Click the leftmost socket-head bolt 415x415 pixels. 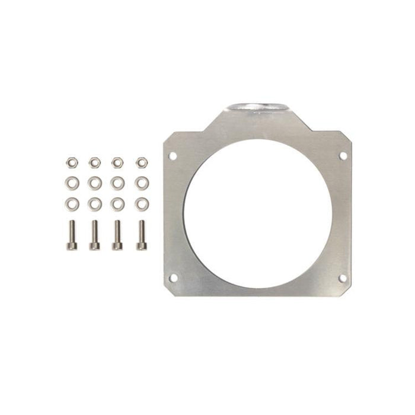point(72,235)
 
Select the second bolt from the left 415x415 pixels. point(94,235)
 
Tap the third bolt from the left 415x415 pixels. point(117,235)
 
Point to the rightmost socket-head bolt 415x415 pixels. point(141,235)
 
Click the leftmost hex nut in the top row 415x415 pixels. point(72,161)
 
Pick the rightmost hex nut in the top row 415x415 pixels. point(142,161)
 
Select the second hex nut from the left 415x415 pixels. point(94,161)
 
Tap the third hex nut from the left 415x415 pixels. point(117,161)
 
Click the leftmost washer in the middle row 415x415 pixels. point(72,182)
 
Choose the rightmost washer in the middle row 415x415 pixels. point(142,182)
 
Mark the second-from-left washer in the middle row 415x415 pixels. point(94,182)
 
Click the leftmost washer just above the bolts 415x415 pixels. point(72,204)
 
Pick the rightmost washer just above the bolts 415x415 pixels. point(142,204)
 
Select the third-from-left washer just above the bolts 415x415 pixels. point(117,204)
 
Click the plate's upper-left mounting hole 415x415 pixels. point(173,156)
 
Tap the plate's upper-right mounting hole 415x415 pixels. point(342,155)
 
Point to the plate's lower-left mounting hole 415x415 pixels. point(173,277)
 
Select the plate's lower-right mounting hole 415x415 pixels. point(342,277)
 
